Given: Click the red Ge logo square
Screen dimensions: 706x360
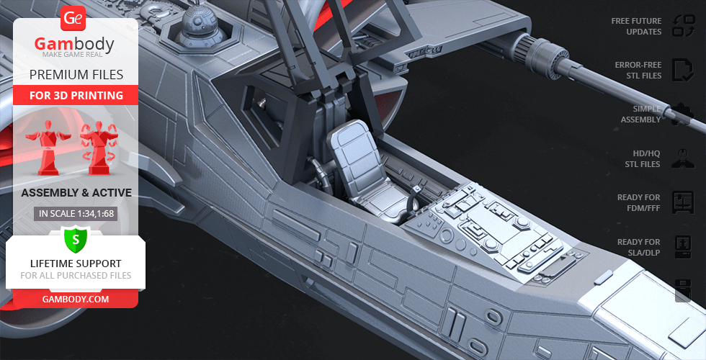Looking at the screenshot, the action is pos(73,18).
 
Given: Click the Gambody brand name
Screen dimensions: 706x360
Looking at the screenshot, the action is pos(74,44).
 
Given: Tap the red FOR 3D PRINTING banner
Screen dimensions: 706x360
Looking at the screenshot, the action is pos(76,95).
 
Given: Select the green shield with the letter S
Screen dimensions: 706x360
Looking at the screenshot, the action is pos(76,239).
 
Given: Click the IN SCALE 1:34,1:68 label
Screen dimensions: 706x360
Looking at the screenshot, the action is pos(76,213).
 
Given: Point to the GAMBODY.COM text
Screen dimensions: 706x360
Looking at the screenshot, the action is pos(76,300).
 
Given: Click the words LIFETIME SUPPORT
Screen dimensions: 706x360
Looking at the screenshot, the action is pos(76,264).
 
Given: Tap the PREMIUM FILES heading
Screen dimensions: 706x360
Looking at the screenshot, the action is pos(76,75).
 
